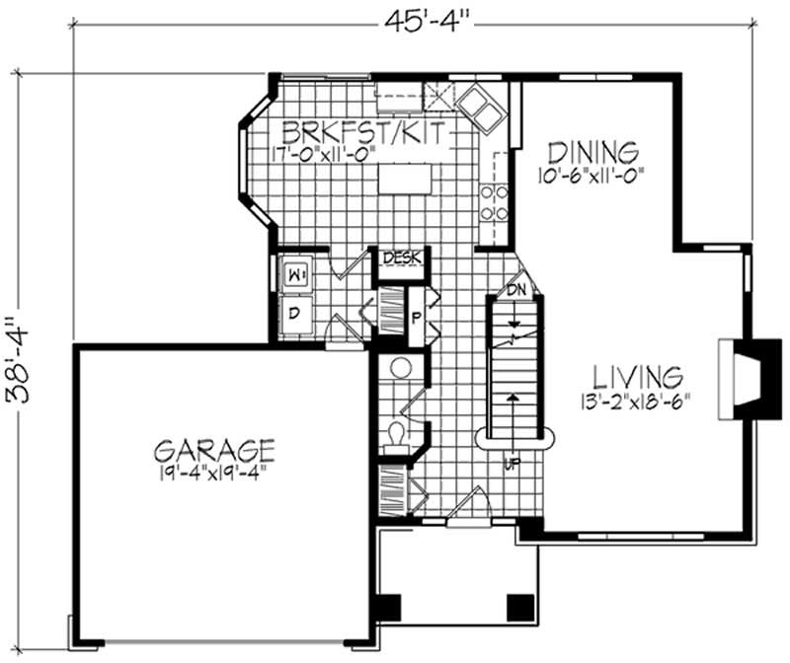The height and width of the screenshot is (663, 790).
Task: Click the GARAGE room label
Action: [214, 450]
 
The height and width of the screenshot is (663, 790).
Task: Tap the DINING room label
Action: [593, 153]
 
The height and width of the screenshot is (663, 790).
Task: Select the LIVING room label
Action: [637, 377]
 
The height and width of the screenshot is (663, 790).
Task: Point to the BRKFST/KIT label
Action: [363, 133]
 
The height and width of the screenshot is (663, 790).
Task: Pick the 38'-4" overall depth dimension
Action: [18, 359]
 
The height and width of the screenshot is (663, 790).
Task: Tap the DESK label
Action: [402, 258]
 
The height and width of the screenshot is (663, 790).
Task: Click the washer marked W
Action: [295, 275]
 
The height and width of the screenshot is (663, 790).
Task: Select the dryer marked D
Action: [295, 314]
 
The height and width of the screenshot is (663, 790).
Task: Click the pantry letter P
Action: [416, 318]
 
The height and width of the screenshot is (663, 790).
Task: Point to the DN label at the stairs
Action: [515, 289]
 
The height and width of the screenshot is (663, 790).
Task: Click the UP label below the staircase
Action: [513, 463]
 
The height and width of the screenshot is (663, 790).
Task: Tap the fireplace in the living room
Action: [750, 379]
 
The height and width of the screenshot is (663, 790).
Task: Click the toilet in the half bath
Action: [396, 437]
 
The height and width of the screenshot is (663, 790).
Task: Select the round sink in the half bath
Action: [402, 368]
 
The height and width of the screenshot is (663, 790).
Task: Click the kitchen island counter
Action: [405, 179]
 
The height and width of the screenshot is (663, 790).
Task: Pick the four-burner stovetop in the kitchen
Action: [494, 203]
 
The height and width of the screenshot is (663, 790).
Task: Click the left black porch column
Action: [388, 608]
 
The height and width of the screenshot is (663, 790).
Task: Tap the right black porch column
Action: [520, 608]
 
